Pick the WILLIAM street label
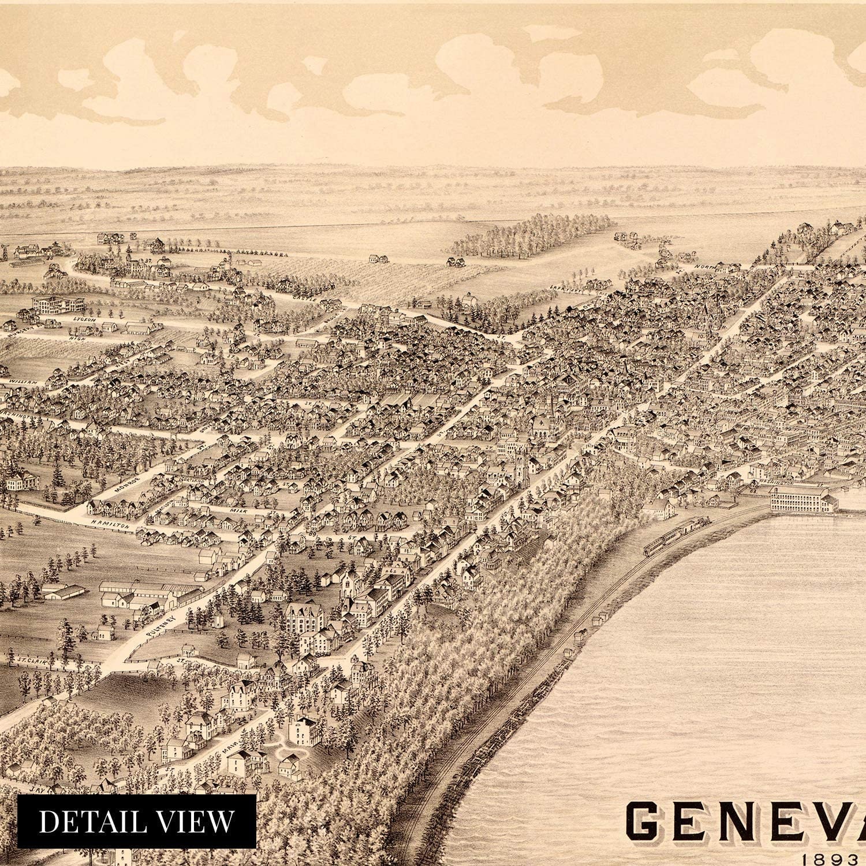click(23, 382)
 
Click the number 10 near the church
click(700, 336)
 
